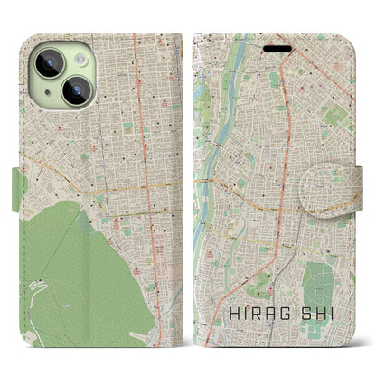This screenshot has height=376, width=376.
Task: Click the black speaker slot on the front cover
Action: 277,47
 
